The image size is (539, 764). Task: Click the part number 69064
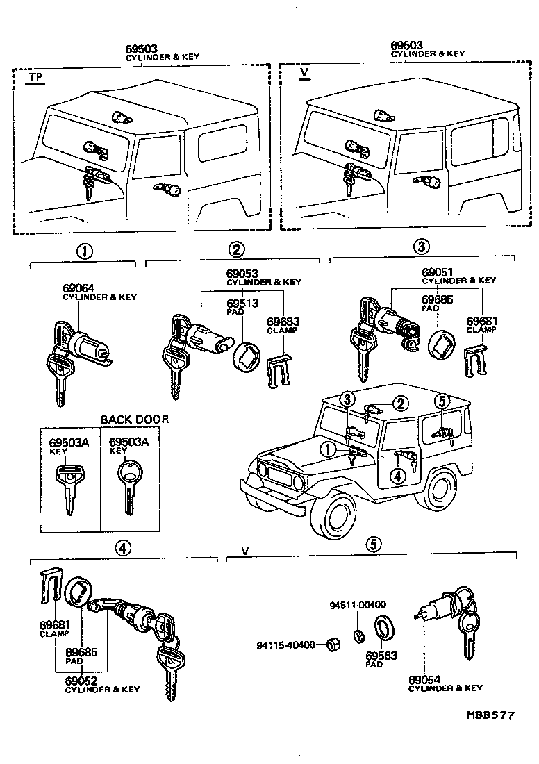click(77, 288)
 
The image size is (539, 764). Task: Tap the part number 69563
click(378, 654)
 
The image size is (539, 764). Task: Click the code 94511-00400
click(357, 605)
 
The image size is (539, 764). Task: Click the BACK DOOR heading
click(135, 420)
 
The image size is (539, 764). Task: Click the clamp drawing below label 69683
click(280, 371)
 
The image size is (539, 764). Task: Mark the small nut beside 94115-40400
click(331, 645)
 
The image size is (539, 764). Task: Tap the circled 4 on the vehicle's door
click(397, 476)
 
